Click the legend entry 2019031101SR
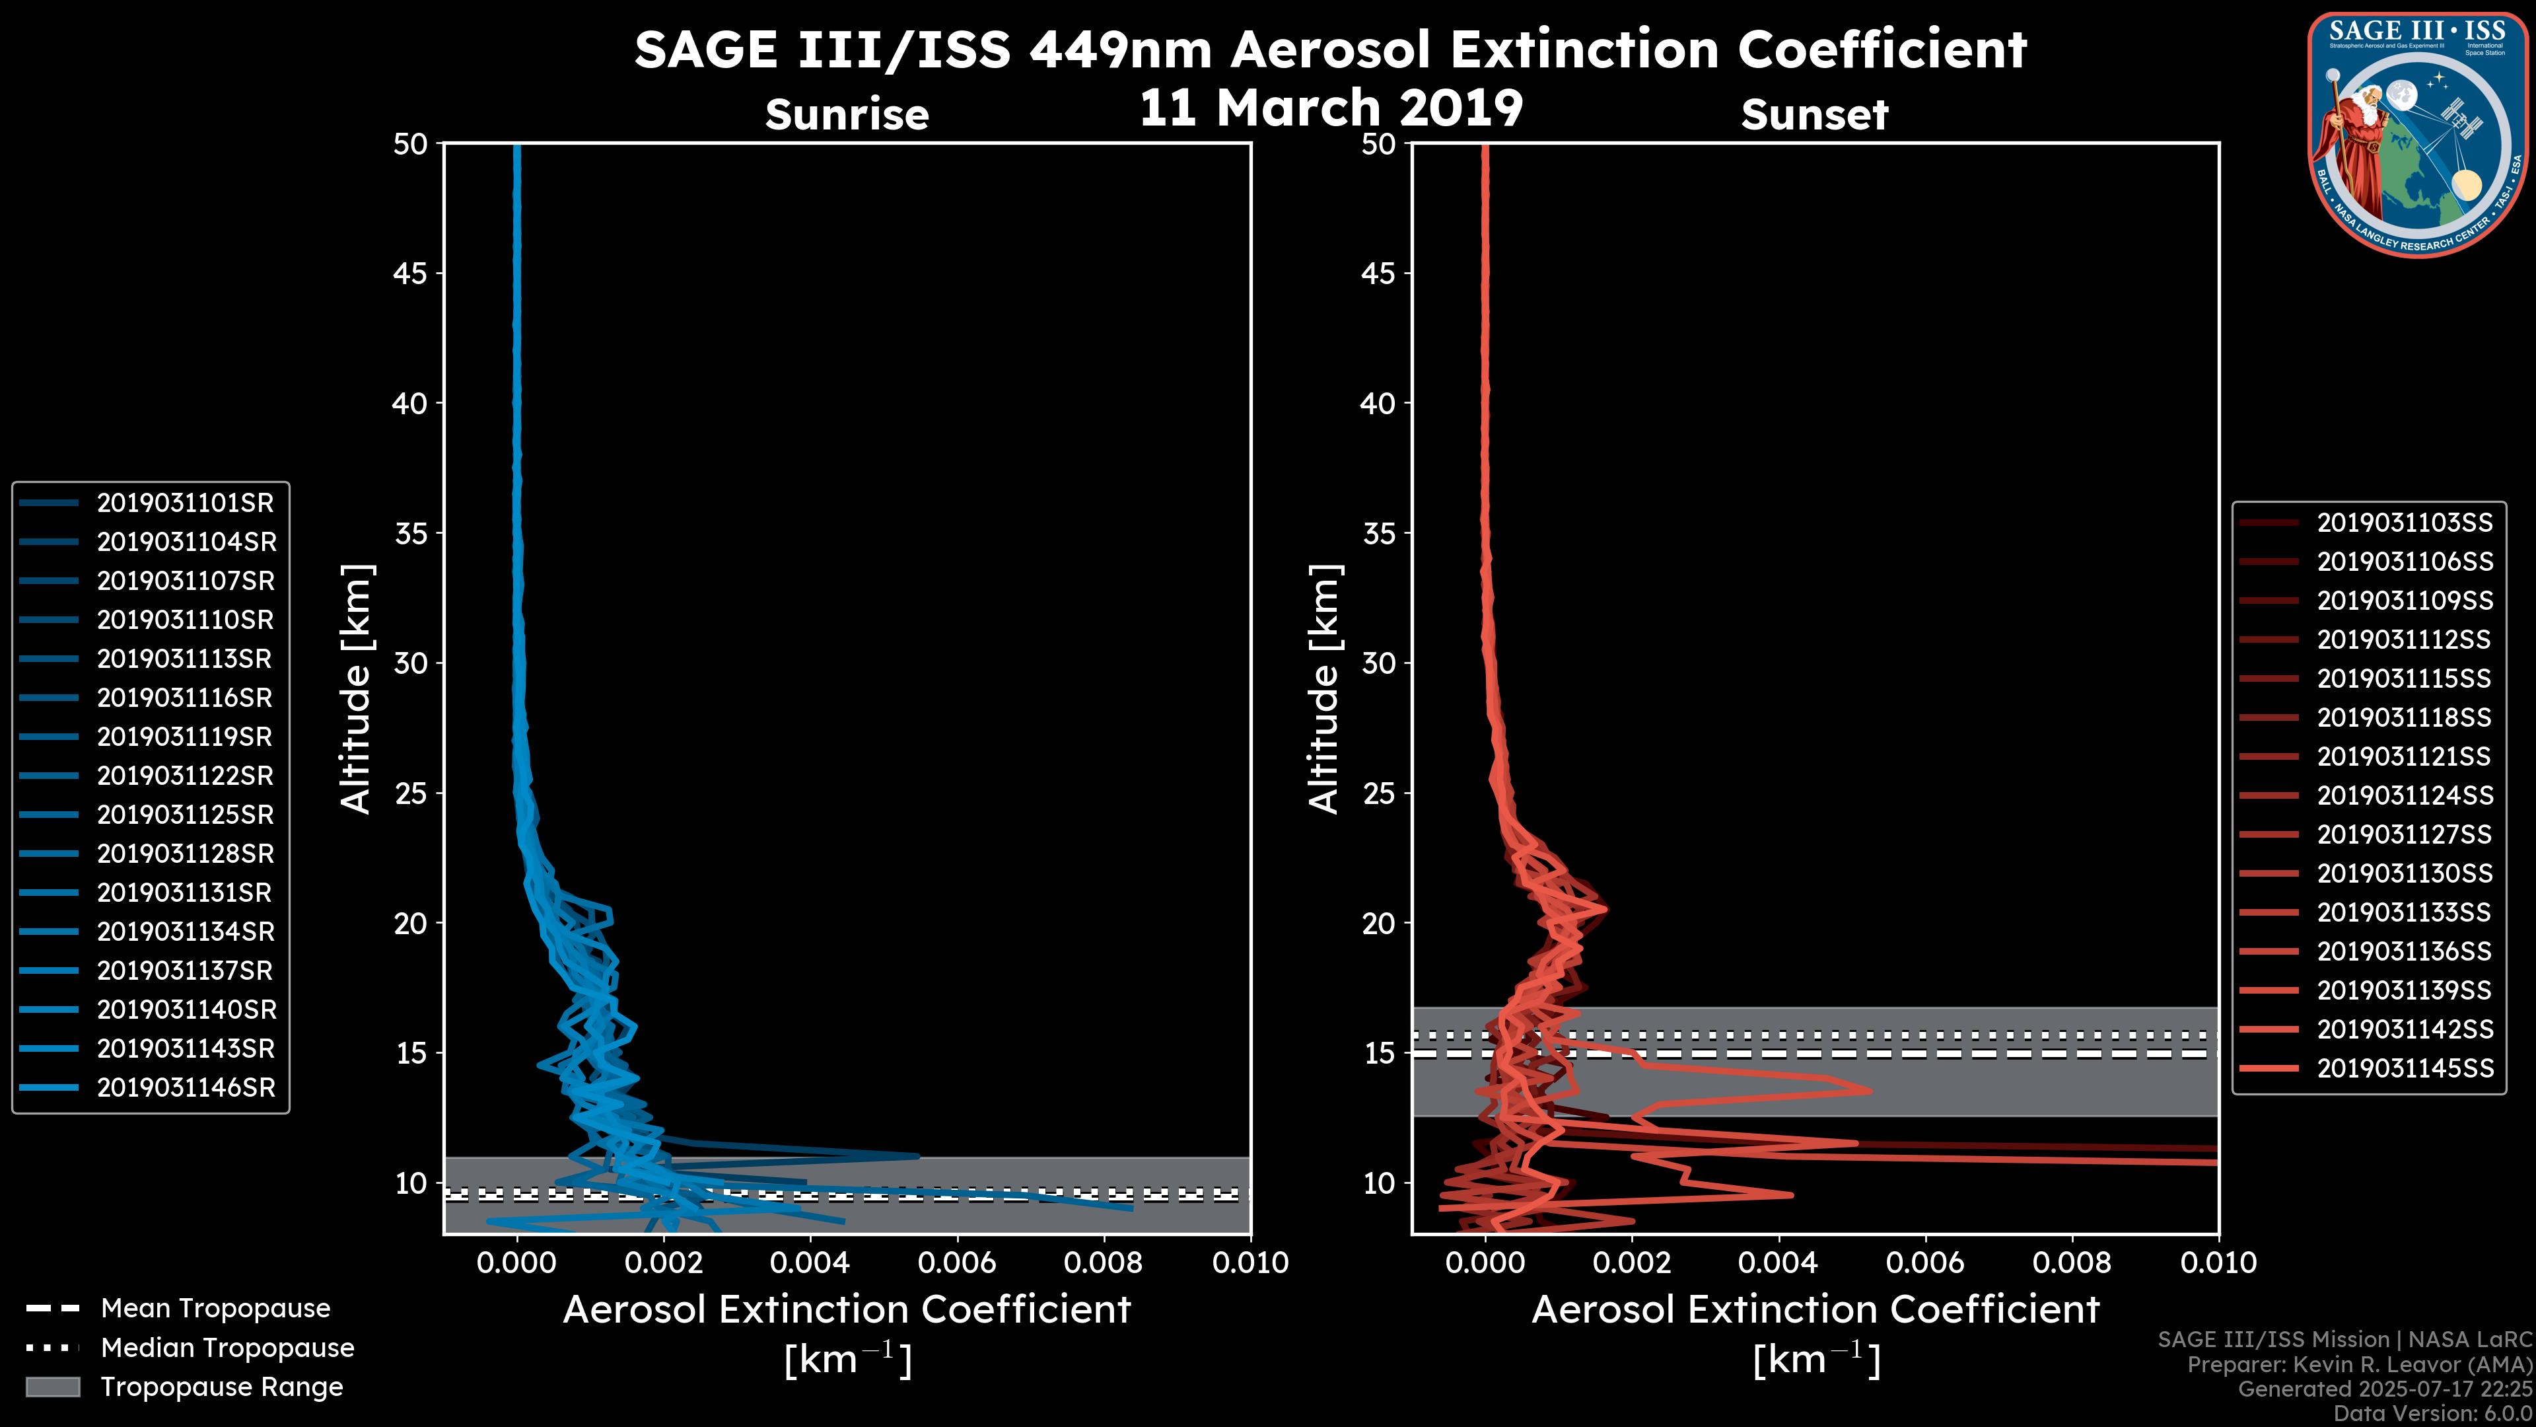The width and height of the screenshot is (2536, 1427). tap(185, 503)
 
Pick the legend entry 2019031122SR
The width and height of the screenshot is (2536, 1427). tap(185, 776)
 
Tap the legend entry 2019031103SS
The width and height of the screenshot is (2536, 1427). tap(2404, 523)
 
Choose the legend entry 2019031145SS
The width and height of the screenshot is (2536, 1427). tap(2404, 1068)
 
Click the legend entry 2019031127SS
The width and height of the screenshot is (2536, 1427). tap(2404, 835)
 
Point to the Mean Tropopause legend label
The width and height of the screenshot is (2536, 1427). tap(215, 1309)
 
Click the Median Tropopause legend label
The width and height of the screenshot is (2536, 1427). tap(227, 1348)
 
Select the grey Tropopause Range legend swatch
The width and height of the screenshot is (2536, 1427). tap(52, 1387)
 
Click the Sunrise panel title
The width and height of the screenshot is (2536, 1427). tap(847, 115)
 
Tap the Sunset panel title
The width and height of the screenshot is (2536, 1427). tap(1814, 115)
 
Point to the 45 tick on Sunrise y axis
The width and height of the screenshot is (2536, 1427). tap(411, 274)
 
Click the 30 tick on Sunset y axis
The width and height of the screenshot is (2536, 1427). tap(1378, 664)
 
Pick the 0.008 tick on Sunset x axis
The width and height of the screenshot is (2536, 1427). tap(2072, 1262)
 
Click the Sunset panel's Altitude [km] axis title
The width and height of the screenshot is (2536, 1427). tap(1324, 689)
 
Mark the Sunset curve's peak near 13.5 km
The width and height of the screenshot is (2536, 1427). tap(1868, 1090)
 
